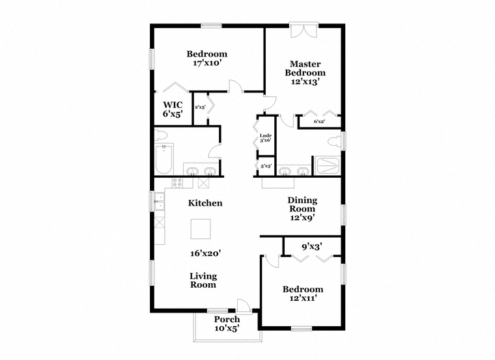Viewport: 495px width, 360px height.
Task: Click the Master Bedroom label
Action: [x=305, y=68]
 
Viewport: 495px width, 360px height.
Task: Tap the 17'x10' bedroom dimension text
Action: [x=206, y=63]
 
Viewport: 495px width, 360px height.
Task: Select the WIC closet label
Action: [x=173, y=105]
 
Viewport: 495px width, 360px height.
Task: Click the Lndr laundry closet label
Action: [x=266, y=136]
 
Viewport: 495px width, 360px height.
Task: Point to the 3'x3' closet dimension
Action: [x=266, y=165]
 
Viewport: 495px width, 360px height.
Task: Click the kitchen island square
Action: [x=201, y=229]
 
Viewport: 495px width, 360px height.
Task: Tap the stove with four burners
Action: [x=177, y=183]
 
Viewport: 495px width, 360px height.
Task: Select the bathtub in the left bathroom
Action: [x=164, y=159]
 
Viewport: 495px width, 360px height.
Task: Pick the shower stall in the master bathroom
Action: [x=328, y=166]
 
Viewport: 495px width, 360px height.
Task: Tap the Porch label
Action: [x=227, y=319]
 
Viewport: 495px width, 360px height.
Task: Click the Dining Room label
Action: [x=302, y=204]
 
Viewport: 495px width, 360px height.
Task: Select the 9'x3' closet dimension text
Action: [x=311, y=247]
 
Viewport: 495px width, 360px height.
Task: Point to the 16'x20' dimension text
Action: [x=205, y=253]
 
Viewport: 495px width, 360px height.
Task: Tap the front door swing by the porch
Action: [x=244, y=305]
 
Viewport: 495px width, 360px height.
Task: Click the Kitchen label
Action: [x=205, y=203]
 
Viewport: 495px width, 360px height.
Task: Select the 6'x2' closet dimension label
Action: [x=320, y=122]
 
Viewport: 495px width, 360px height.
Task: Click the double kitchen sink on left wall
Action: [x=160, y=201]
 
